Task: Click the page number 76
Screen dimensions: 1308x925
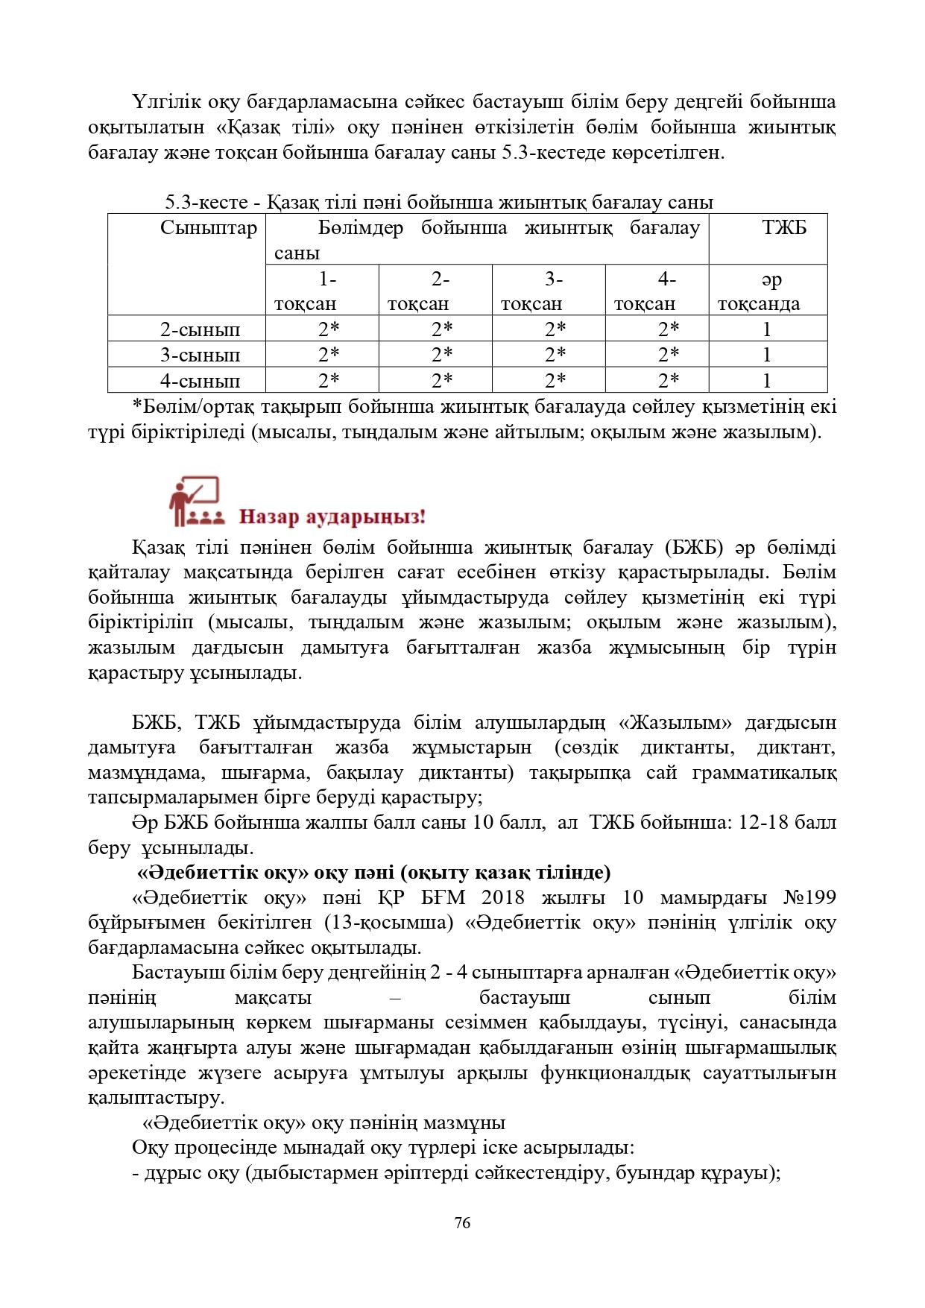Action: point(462,1223)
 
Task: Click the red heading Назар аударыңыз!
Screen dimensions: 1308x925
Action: point(332,516)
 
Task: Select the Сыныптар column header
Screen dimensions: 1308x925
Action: point(208,228)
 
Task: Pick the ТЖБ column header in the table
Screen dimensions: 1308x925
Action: point(784,228)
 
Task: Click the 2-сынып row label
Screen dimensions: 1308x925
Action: point(201,329)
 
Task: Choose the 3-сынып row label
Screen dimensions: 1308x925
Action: point(201,355)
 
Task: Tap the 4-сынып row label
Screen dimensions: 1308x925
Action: point(201,380)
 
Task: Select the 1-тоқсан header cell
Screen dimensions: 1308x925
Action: point(321,291)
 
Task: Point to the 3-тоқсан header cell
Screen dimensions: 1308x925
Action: point(549,291)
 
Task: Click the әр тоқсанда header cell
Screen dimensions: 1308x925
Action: point(768,291)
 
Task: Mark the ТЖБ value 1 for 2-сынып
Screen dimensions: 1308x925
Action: point(767,329)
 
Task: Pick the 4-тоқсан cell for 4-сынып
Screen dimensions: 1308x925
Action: point(669,380)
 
